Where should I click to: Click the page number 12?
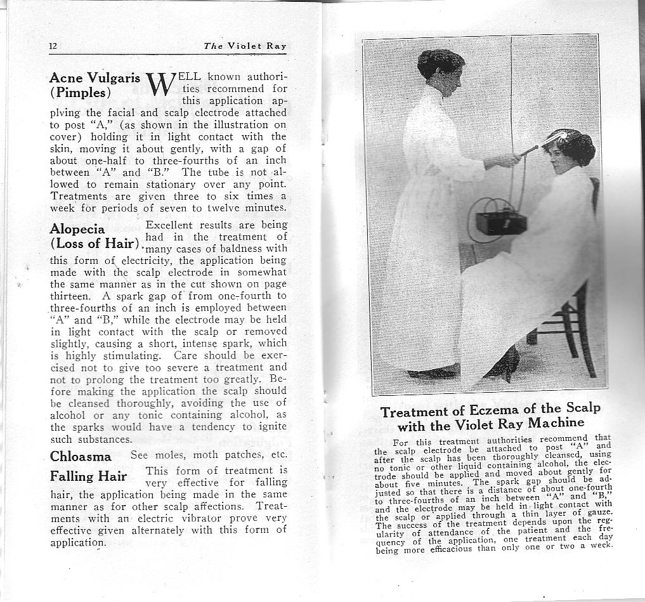[53, 46]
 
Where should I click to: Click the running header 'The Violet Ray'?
[245, 46]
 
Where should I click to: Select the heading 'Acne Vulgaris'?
[94, 78]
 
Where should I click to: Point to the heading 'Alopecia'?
[77, 228]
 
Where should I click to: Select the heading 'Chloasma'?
[81, 456]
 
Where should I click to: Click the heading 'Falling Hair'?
[88, 476]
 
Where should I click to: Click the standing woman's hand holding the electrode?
[509, 160]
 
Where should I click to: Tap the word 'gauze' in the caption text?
[597, 511]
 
